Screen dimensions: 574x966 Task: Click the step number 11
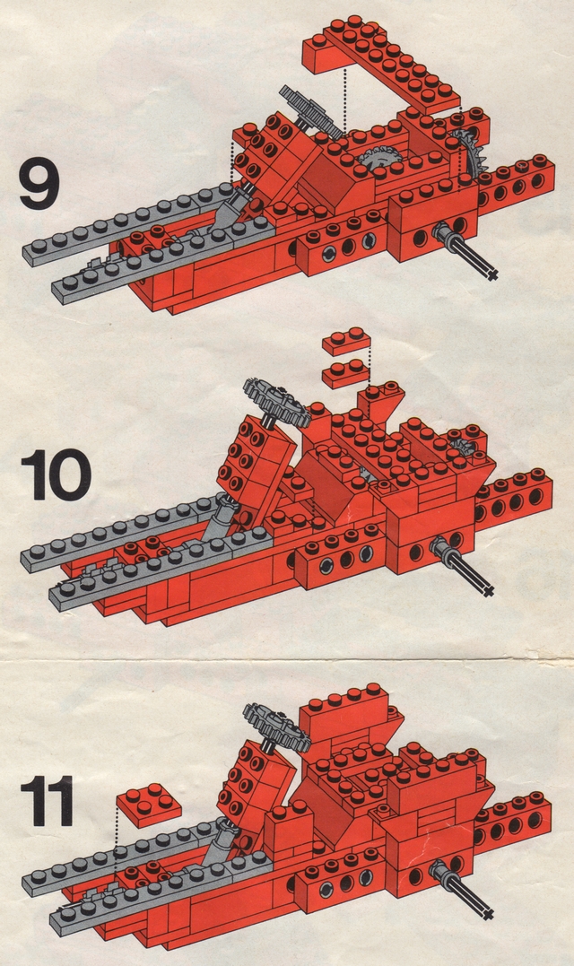pos(47,800)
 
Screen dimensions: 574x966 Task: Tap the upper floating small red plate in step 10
pos(347,342)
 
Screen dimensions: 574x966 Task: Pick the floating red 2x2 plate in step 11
pos(148,805)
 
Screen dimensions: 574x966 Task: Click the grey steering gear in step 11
pos(276,726)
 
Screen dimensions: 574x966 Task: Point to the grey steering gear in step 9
pos(309,112)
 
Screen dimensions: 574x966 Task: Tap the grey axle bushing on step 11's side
pos(440,871)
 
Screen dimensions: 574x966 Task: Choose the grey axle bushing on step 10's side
pos(443,545)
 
